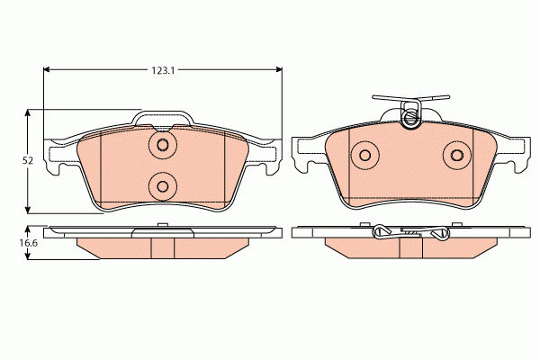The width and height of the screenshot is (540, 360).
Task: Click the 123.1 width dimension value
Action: pyautogui.click(x=163, y=69)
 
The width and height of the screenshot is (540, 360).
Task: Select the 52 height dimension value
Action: pyautogui.click(x=28, y=160)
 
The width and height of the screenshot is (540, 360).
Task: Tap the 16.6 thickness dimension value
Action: pyautogui.click(x=29, y=243)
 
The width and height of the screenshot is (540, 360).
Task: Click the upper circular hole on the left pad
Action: pyautogui.click(x=163, y=146)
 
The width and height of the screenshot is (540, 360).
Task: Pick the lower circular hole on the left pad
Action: pyautogui.click(x=163, y=186)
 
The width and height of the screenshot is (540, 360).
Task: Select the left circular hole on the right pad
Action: pyautogui.click(x=365, y=156)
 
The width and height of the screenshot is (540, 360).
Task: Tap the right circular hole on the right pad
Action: pyautogui.click(x=457, y=156)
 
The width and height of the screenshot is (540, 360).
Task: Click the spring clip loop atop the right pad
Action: pyautogui.click(x=411, y=115)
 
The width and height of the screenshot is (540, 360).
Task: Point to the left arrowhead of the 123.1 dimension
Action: pyautogui.click(x=48, y=69)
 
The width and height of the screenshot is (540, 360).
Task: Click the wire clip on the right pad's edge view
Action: pyautogui.click(x=409, y=233)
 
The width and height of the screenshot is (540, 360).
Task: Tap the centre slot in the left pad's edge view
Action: pyautogui.click(x=163, y=247)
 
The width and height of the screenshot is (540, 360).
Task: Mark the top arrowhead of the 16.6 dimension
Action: pyautogui.click(x=29, y=229)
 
